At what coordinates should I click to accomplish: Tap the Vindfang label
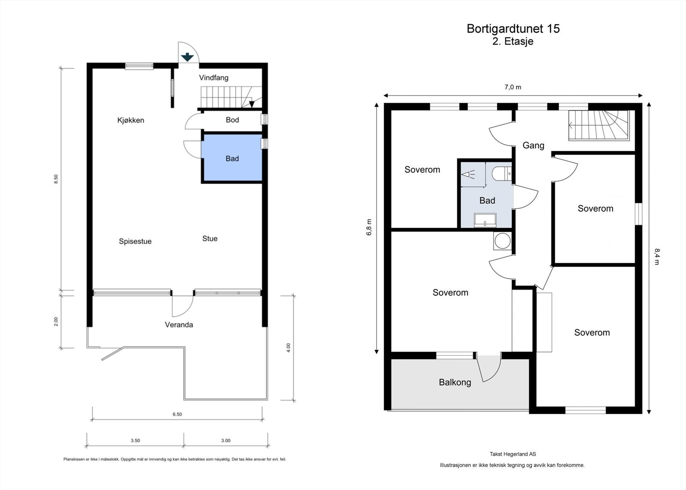tap(214, 78)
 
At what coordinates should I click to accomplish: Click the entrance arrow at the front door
tap(187, 57)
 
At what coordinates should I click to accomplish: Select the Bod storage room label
tap(232, 120)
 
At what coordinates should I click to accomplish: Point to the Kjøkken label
tap(131, 120)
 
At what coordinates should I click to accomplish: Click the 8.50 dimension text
tap(55, 179)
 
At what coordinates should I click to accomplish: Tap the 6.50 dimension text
tap(177, 414)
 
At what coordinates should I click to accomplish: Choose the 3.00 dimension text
tap(226, 440)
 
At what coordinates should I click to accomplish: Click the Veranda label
tap(179, 325)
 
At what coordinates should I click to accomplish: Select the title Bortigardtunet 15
tap(513, 29)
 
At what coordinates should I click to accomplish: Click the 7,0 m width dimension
tap(513, 87)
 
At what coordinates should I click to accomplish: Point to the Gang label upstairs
tap(533, 145)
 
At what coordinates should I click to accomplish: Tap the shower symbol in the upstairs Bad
tap(468, 174)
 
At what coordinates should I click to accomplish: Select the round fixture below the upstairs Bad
tap(502, 241)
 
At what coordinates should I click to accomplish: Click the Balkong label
tap(454, 382)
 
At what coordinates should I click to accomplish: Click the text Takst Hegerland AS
tap(513, 454)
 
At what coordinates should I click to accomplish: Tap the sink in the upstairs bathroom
tap(485, 220)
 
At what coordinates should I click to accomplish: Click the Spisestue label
tap(135, 241)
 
